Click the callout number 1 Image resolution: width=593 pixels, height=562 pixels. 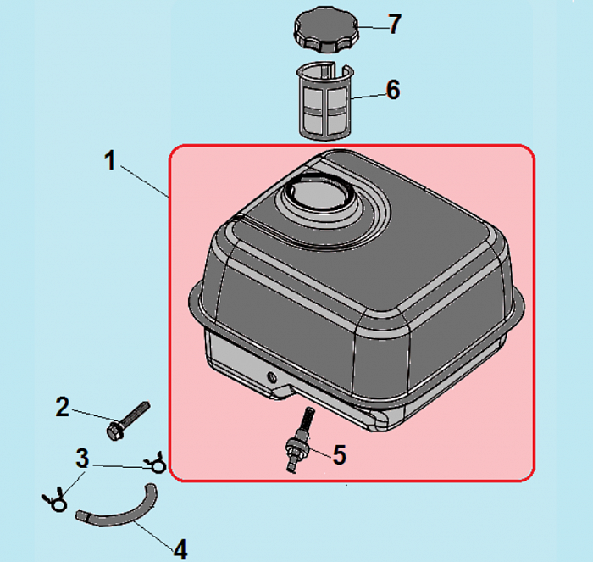pyautogui.click(x=110, y=160)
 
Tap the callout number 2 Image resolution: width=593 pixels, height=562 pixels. pyautogui.click(x=63, y=407)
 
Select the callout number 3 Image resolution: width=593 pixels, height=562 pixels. pyautogui.click(x=82, y=459)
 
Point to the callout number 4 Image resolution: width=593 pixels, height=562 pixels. pyautogui.click(x=180, y=549)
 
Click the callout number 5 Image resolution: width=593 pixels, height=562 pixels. pyautogui.click(x=340, y=455)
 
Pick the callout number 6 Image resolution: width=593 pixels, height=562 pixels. pyautogui.click(x=393, y=90)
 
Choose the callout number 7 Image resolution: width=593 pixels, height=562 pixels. pyautogui.click(x=395, y=25)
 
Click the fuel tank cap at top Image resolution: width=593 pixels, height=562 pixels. pyautogui.click(x=326, y=29)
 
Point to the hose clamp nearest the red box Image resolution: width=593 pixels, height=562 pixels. pyautogui.click(x=156, y=463)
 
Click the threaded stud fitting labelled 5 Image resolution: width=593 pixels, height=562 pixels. pyautogui.click(x=300, y=439)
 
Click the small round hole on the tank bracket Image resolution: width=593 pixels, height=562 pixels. pyautogui.click(x=272, y=377)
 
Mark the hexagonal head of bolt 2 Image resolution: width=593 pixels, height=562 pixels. pyautogui.click(x=114, y=431)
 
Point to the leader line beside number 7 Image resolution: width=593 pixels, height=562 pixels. pyautogui.click(x=372, y=27)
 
